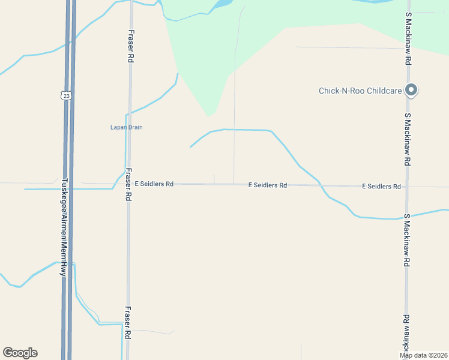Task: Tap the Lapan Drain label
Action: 126,127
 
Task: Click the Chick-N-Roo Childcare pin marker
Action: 411,90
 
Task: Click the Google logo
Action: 20,353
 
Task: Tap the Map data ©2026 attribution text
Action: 424,355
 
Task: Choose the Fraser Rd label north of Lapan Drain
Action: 130,47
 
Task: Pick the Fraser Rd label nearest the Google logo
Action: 128,324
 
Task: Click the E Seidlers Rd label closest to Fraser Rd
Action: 154,184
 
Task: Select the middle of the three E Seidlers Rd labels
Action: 268,185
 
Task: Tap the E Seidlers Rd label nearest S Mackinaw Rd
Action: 381,187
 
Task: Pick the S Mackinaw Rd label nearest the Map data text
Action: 406,334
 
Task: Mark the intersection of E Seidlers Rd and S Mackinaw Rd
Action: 408,187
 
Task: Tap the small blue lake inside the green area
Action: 220,4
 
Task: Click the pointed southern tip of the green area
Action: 209,116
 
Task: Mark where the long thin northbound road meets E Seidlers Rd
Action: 234,184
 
